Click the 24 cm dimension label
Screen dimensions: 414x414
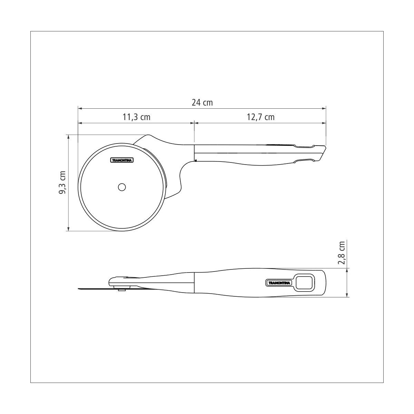202,103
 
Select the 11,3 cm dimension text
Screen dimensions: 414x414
136,117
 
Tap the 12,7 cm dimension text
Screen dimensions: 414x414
260,117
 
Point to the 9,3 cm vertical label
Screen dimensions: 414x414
62,183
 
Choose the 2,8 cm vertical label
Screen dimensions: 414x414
342,253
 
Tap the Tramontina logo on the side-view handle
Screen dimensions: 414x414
279,283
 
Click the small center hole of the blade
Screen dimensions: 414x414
122,187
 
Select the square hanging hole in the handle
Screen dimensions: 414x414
304,283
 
